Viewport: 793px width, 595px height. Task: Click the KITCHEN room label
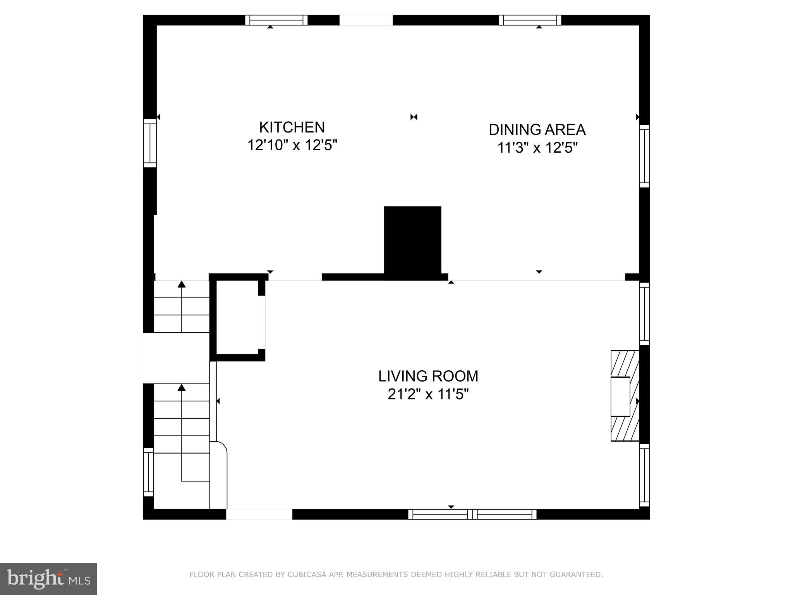pyautogui.click(x=292, y=127)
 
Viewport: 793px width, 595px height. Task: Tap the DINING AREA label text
pyautogui.click(x=537, y=130)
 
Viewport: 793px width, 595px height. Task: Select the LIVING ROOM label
pyautogui.click(x=428, y=376)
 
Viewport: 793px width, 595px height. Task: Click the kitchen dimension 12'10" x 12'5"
pyautogui.click(x=292, y=146)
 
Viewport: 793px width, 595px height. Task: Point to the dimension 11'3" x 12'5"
pyautogui.click(x=537, y=148)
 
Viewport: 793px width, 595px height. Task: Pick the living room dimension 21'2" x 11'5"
pyautogui.click(x=428, y=394)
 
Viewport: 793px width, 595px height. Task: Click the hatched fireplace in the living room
pyautogui.click(x=624, y=396)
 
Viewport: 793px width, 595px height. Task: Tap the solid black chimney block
pyautogui.click(x=412, y=240)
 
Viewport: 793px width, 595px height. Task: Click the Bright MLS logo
pyautogui.click(x=48, y=579)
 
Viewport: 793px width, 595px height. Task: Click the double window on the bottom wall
pyautogui.click(x=472, y=514)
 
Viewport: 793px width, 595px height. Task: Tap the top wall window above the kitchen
pyautogui.click(x=276, y=20)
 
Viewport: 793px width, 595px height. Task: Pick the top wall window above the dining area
pyautogui.click(x=530, y=20)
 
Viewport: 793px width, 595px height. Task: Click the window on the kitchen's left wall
pyautogui.click(x=149, y=143)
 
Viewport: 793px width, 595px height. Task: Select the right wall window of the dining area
pyautogui.click(x=644, y=156)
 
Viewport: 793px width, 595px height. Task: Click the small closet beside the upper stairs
pyautogui.click(x=237, y=317)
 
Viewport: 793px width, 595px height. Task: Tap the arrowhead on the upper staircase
pyautogui.click(x=182, y=284)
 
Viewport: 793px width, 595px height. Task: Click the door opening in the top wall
pyautogui.click(x=366, y=20)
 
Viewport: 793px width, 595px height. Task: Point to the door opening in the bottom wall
pyautogui.click(x=259, y=514)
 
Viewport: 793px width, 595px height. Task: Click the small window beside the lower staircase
pyautogui.click(x=148, y=472)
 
